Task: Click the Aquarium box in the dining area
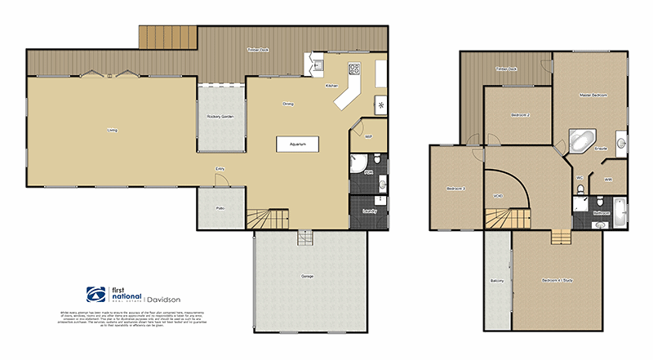tap(296, 144)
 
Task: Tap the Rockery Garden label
tap(221, 117)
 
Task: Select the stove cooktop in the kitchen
tap(355, 69)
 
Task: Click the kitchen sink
tap(318, 64)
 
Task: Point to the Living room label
tap(112, 129)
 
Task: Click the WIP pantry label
tap(368, 136)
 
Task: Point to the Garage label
tap(308, 277)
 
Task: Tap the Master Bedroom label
tap(593, 96)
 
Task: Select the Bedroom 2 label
tap(521, 115)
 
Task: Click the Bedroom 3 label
tap(455, 189)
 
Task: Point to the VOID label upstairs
tap(498, 196)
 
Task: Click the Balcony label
tap(497, 282)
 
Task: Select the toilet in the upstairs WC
tap(580, 189)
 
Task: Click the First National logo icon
tap(95, 296)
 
